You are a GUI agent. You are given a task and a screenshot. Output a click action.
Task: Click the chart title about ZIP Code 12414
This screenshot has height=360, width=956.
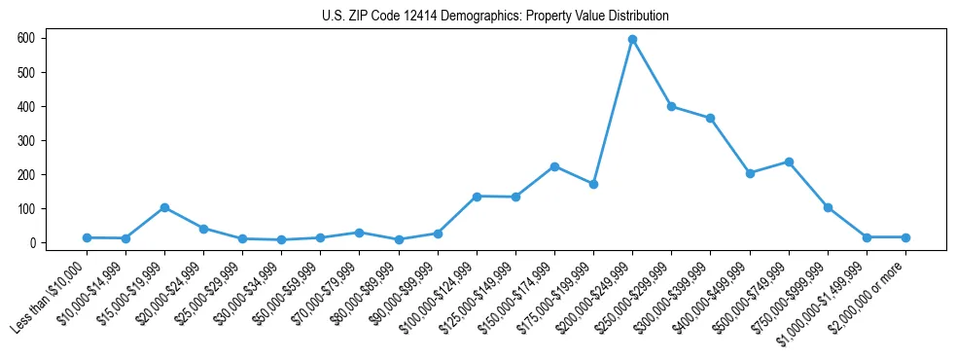495,17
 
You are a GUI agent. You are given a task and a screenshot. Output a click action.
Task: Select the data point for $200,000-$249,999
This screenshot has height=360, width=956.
632,39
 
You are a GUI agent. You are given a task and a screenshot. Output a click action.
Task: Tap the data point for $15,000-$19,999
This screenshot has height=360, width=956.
164,207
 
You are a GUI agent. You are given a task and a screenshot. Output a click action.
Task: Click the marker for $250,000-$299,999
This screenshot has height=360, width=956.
671,106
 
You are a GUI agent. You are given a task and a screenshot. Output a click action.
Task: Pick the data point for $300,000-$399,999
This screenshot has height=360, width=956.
710,118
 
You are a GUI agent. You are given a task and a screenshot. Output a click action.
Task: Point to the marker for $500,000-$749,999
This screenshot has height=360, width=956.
789,162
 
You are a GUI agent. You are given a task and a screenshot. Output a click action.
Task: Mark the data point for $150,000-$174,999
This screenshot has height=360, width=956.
554,166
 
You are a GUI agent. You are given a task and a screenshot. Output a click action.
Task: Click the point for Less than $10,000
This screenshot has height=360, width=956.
87,237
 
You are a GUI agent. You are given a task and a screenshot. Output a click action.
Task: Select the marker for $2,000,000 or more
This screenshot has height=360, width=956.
905,237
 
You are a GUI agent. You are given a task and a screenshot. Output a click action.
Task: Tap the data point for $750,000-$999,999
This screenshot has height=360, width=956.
828,207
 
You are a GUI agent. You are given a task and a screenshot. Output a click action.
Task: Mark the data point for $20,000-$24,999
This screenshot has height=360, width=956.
203,229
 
